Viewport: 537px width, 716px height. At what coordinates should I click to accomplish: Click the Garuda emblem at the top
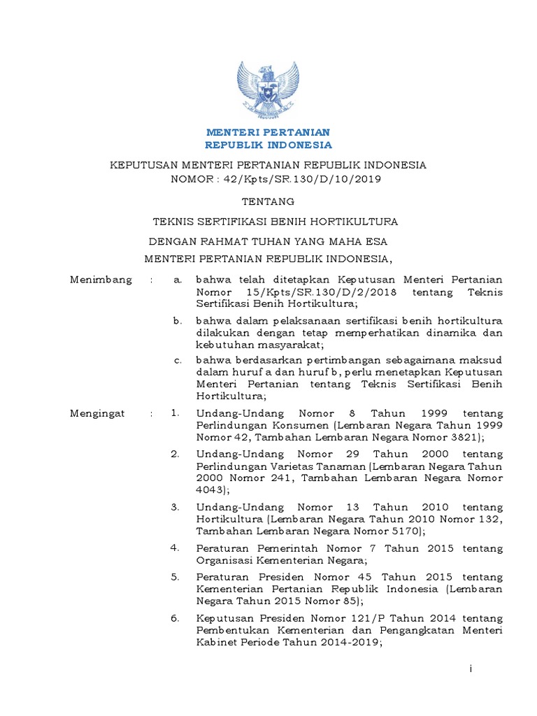(x=268, y=89)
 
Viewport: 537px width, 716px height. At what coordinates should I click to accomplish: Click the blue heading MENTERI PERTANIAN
(x=268, y=132)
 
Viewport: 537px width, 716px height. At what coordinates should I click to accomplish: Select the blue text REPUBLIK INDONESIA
(x=268, y=145)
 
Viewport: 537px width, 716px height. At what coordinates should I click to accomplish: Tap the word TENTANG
(x=268, y=201)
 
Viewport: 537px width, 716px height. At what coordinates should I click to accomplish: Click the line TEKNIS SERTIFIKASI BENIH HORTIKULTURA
(x=275, y=222)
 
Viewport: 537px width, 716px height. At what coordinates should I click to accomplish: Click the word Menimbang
(x=101, y=280)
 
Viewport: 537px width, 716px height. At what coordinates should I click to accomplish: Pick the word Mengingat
(x=98, y=413)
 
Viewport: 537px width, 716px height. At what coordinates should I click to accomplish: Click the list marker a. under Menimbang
(x=177, y=280)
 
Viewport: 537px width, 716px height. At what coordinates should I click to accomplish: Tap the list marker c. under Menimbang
(x=177, y=359)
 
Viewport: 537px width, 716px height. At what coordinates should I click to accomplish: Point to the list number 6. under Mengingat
(x=176, y=619)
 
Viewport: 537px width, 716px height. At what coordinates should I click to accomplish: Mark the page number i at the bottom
(x=471, y=670)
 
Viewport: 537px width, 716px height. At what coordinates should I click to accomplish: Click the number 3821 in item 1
(x=461, y=438)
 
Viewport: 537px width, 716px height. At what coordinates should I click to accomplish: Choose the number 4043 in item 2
(x=210, y=491)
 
